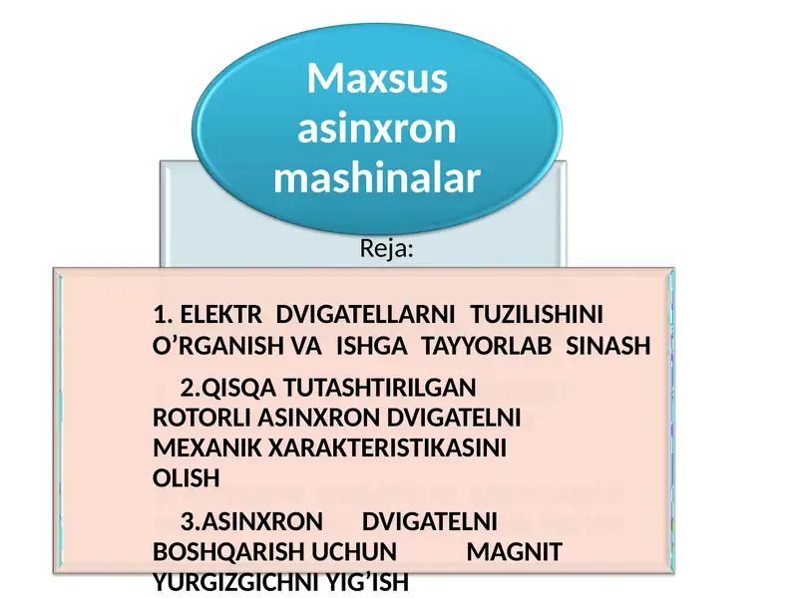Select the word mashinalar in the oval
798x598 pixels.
coord(377,178)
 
